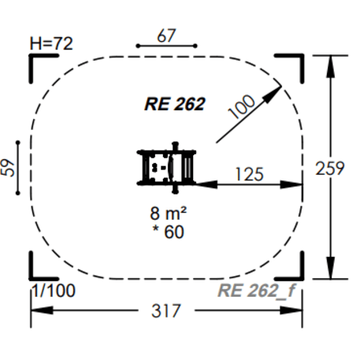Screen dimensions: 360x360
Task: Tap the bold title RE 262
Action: coord(175,103)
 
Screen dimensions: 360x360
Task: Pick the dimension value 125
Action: coord(248,173)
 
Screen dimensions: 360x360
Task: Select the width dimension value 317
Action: coord(166,310)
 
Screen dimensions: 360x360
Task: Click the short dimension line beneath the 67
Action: coord(165,46)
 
